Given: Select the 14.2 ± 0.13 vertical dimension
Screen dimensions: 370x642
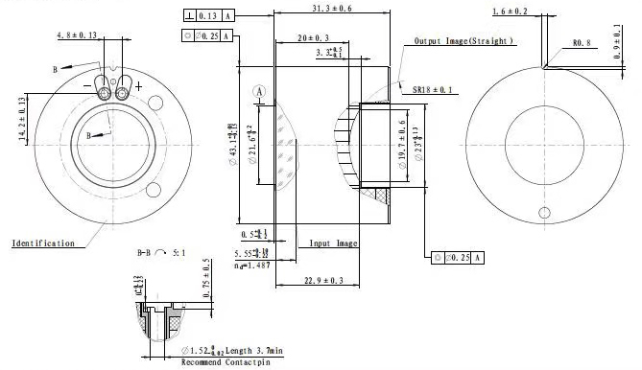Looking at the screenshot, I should [x=21, y=118].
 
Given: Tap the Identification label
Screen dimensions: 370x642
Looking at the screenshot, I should [x=42, y=243].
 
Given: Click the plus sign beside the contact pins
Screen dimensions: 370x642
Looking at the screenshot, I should [x=139, y=86].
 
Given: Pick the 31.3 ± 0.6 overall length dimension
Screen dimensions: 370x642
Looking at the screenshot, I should [x=332, y=8].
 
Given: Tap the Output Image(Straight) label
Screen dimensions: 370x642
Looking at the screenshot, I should [x=464, y=42].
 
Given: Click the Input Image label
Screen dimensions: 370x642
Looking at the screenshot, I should [x=333, y=243].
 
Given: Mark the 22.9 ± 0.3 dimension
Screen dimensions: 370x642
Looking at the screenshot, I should [x=318, y=280].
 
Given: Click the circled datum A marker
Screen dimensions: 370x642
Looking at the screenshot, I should [x=258, y=90].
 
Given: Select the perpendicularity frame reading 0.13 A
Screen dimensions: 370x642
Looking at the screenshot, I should [x=207, y=16].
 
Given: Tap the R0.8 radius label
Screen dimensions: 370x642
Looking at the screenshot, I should [x=583, y=43].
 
